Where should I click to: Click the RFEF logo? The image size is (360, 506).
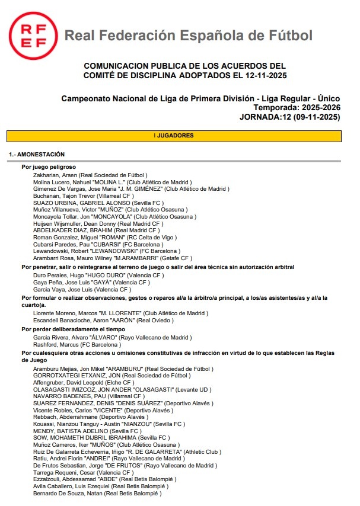click(x=33, y=35)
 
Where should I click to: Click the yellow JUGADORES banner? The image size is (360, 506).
click(x=174, y=136)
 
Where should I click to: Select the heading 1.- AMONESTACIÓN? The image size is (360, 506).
click(x=37, y=154)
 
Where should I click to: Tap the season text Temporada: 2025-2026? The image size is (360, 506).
click(x=297, y=108)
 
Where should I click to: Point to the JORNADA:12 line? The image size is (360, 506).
click(x=289, y=117)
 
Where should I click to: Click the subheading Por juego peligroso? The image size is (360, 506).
click(x=49, y=167)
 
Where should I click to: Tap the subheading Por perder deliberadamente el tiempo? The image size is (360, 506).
click(x=73, y=329)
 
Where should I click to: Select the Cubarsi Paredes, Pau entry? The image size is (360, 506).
click(x=98, y=244)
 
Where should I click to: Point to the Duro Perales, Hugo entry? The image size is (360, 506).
click(x=99, y=275)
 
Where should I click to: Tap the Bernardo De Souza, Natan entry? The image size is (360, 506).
click(x=97, y=493)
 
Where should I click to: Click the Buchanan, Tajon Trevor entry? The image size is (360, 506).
click(x=84, y=196)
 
